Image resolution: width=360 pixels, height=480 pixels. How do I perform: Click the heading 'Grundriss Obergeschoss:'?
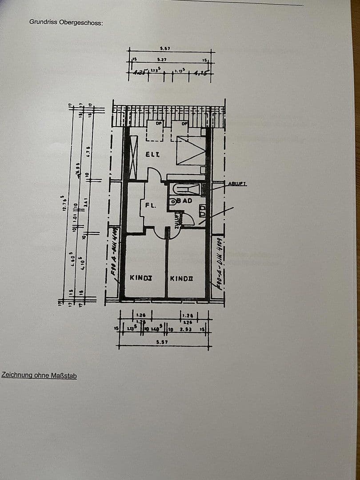pyautogui.click(x=66, y=21)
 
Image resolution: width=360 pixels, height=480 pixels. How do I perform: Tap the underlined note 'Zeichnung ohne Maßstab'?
pyautogui.click(x=39, y=376)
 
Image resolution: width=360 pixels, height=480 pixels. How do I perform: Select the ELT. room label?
pyautogui.click(x=152, y=154)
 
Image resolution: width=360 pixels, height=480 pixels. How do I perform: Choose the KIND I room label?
pyautogui.click(x=140, y=278)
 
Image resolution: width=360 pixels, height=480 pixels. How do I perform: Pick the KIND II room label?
pyautogui.click(x=181, y=279)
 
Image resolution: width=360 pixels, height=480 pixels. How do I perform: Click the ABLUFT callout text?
pyautogui.click(x=237, y=184)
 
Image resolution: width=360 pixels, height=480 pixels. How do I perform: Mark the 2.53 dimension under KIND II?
pyautogui.click(x=185, y=329)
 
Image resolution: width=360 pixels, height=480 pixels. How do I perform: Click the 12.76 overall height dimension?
pyautogui.click(x=64, y=202)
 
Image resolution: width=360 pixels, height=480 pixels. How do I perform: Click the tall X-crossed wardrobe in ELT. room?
pyautogui.click(x=133, y=157)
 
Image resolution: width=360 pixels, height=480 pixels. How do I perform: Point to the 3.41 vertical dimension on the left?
pyautogui.click(x=88, y=205)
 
